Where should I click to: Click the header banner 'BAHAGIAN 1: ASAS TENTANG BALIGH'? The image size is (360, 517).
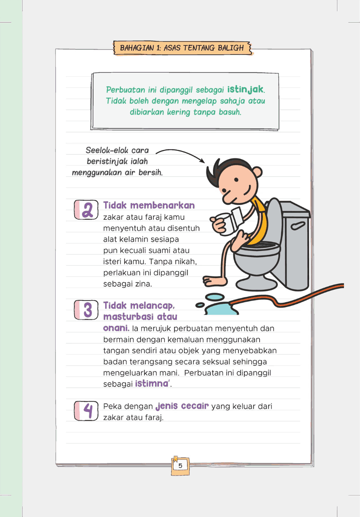(182, 48)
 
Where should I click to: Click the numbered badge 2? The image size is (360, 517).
(86, 210)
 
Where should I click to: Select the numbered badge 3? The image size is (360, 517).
(87, 310)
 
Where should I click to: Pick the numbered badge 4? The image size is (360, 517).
(87, 410)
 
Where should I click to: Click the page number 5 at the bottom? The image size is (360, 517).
(180, 466)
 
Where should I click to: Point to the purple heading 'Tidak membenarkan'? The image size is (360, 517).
(149, 205)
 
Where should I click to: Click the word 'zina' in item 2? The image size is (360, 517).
(143, 284)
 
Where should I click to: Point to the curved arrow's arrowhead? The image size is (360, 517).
(202, 161)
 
